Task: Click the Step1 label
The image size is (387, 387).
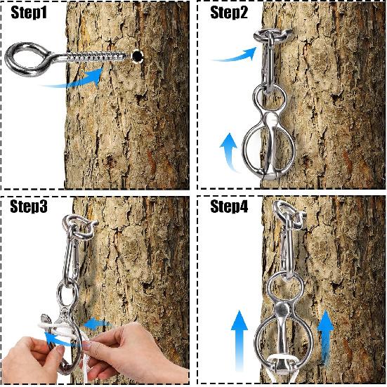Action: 29,13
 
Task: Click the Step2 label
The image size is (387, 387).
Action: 229,13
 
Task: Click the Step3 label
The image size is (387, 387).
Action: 29,206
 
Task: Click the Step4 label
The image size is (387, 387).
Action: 229,206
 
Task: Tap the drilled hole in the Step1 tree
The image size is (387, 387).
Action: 137,56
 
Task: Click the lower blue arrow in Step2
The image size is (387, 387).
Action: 230,150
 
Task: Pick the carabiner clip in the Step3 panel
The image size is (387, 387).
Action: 72,254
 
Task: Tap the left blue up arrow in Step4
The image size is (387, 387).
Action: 240,341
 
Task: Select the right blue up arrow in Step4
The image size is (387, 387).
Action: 325,338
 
